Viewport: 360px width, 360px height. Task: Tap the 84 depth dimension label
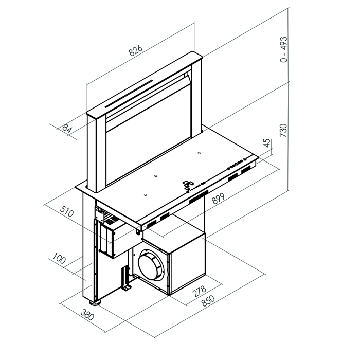coord(66,128)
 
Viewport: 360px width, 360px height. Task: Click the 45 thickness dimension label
coord(266,143)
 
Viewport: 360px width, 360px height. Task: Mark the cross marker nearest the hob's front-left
coord(146,195)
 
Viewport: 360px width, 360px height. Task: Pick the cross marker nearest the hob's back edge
coord(199,153)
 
